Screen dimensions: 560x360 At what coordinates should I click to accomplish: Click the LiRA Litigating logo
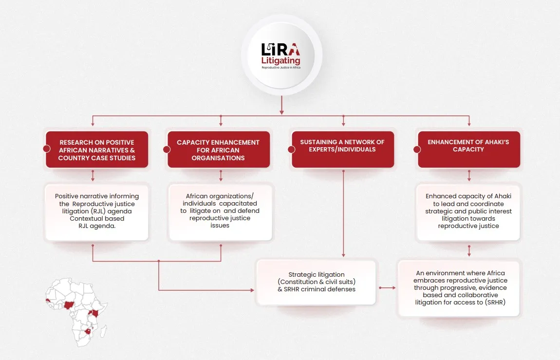pos(281,56)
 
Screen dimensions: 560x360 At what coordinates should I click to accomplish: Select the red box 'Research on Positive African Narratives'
pos(97,149)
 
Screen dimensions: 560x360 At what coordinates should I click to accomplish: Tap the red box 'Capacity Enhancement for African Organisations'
pos(219,149)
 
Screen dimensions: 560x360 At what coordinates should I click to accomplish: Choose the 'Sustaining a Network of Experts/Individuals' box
pos(343,149)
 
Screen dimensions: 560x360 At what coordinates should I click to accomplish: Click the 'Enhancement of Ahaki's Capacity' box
pos(469,149)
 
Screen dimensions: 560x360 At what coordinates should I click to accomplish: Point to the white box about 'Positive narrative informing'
pos(97,212)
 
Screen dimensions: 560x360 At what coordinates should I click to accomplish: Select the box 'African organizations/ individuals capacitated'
pos(220,212)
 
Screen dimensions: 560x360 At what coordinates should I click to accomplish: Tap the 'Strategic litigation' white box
pos(317,283)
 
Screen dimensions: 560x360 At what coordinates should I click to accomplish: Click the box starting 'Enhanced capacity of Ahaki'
pos(468,212)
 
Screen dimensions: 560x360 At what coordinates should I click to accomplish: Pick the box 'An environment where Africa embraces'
pos(460,288)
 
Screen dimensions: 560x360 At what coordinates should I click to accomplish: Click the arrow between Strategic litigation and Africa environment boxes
pos(387,287)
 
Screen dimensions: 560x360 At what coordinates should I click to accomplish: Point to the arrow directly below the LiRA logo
pos(282,105)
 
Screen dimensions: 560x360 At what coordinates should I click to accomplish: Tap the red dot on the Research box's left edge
pos(46,149)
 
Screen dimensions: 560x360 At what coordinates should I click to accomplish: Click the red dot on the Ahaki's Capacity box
pos(417,149)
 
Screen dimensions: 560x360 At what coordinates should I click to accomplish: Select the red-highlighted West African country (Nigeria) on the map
pos(69,305)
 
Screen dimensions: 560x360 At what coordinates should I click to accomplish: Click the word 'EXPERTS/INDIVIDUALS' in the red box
pos(342,149)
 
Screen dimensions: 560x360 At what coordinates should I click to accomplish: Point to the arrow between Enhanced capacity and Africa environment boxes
pos(469,251)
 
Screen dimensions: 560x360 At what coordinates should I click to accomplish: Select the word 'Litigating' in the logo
pos(280,61)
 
